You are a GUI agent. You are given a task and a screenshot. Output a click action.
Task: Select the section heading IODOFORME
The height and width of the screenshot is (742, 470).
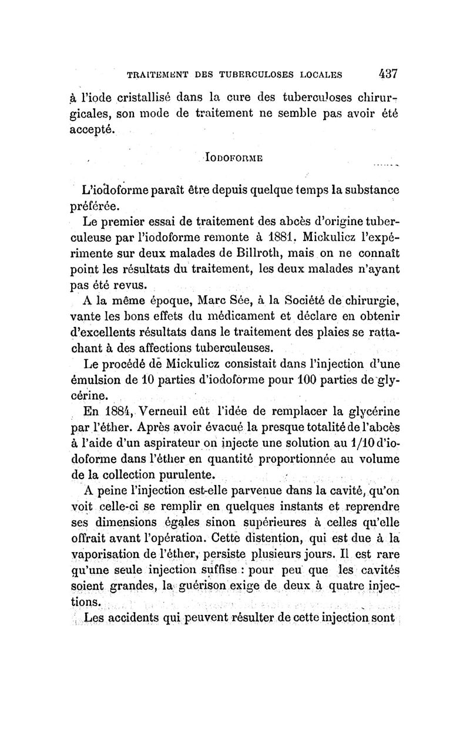click(233, 158)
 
